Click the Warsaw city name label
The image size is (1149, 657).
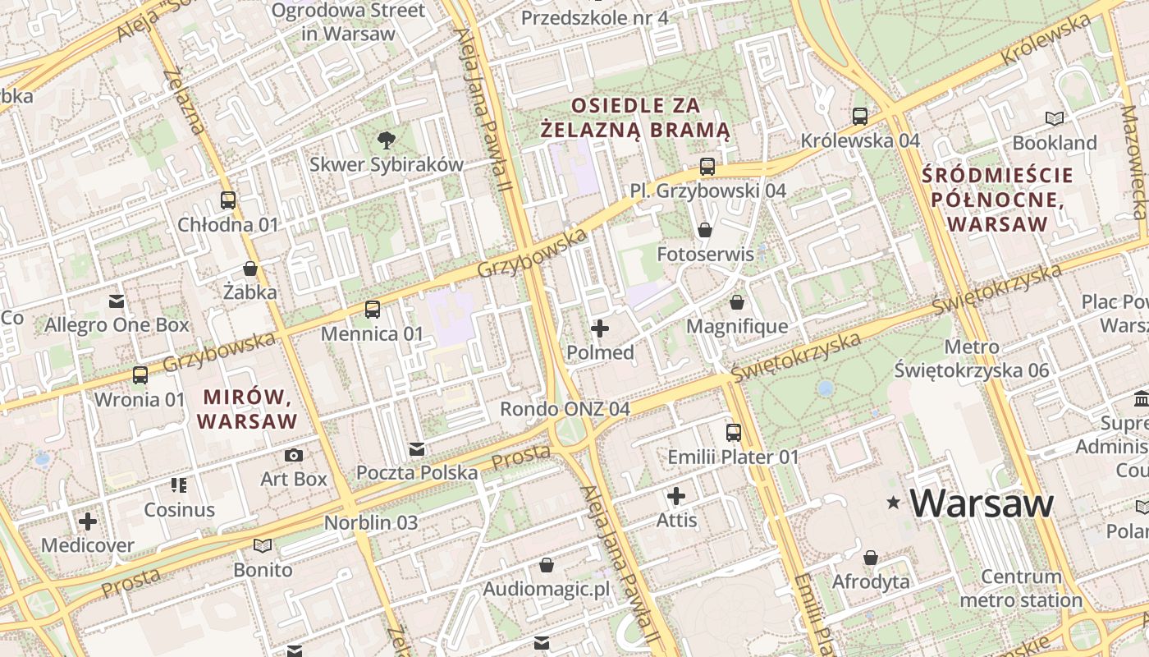tap(982, 503)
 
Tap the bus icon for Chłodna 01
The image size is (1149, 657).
tap(228, 200)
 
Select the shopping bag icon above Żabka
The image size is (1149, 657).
tap(250, 269)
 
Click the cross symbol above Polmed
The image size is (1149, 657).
tap(600, 328)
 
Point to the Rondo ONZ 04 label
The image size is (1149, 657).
tap(565, 408)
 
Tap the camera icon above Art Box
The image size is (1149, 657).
tap(294, 455)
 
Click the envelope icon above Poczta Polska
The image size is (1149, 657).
tap(417, 449)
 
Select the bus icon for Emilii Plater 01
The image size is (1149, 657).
tap(734, 432)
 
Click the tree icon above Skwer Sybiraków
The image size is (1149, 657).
tap(386, 140)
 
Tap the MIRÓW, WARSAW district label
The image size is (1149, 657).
tap(249, 409)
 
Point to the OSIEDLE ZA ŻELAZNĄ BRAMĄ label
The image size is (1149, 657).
tap(635, 117)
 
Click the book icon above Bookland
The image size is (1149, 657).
tap(1055, 119)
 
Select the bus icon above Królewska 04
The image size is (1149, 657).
tap(860, 117)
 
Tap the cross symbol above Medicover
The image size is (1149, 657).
tap(88, 521)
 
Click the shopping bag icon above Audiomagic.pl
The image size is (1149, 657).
tap(546, 565)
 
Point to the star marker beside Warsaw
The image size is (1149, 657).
tap(894, 502)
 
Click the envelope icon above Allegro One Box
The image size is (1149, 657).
tap(117, 301)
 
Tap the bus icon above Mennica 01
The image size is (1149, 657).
tap(373, 310)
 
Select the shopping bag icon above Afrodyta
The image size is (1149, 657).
tap(871, 558)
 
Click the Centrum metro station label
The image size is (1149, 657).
tap(1021, 588)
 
